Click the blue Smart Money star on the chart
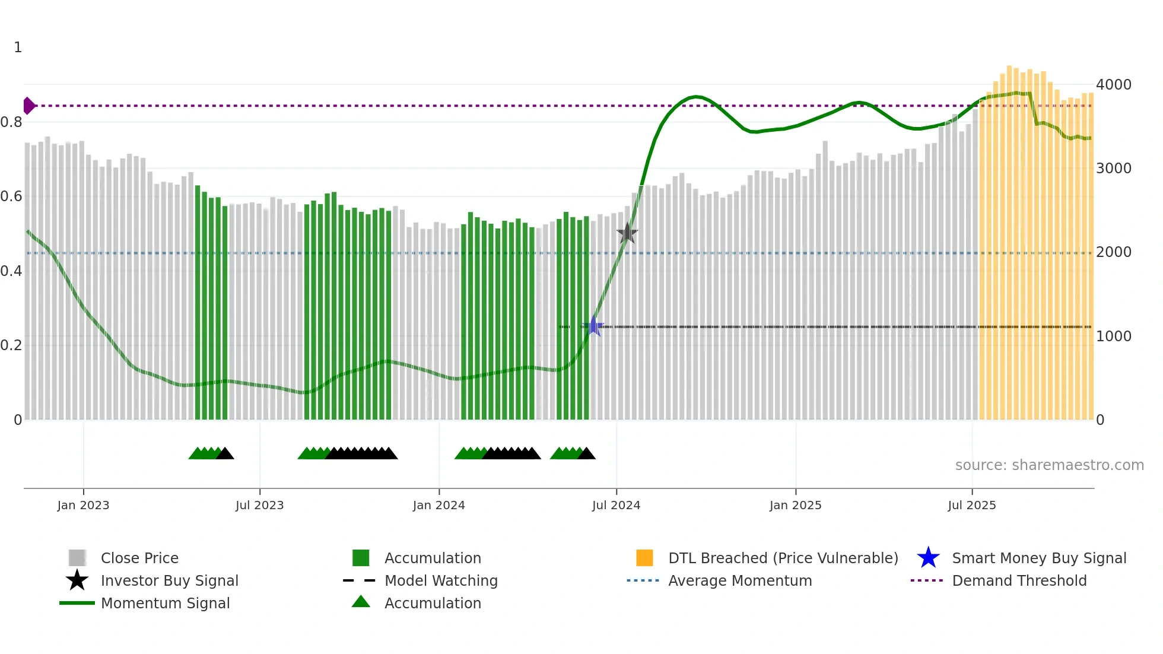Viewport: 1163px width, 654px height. tap(593, 326)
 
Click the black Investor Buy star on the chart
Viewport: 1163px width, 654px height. tap(627, 233)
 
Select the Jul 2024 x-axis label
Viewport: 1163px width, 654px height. tap(616, 505)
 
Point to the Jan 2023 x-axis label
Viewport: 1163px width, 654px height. tap(83, 505)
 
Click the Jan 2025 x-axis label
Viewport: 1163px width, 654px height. tap(795, 505)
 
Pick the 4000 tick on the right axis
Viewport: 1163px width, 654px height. tap(1113, 85)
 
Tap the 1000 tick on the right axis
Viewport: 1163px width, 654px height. tap(1113, 336)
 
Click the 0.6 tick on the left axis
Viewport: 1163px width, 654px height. tap(11, 196)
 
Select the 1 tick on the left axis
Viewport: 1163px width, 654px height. tap(18, 47)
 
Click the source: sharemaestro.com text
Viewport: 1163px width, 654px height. tap(1049, 465)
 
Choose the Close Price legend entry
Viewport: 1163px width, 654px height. tap(139, 558)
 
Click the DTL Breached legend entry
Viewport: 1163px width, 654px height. tap(783, 558)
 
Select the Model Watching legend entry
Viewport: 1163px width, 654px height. tap(441, 580)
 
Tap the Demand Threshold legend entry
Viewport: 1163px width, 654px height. tap(1019, 580)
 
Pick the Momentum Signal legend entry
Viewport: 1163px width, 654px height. tap(165, 603)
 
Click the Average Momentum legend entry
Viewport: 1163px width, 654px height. tap(740, 580)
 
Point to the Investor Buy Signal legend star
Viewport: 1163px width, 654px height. tap(77, 580)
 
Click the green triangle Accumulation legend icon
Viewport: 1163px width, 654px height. tap(361, 602)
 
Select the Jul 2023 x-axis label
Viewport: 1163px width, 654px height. tap(259, 505)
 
